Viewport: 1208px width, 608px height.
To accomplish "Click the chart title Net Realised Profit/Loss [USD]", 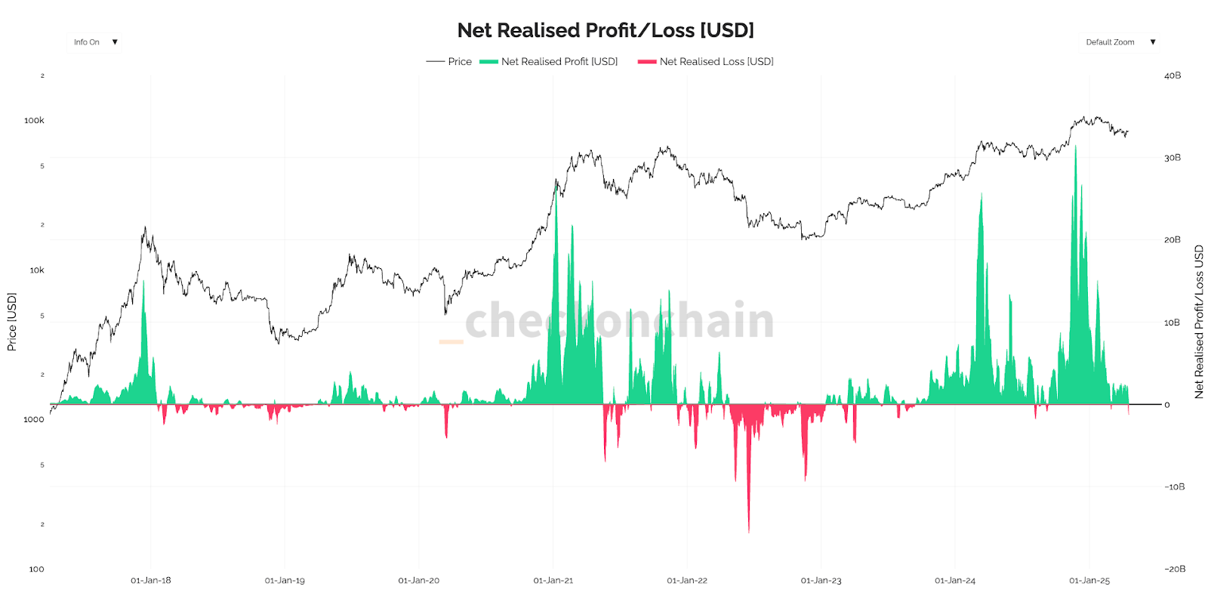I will point(606,30).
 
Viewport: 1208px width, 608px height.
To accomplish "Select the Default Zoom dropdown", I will point(1120,42).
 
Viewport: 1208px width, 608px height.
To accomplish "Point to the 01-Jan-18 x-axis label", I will point(151,581).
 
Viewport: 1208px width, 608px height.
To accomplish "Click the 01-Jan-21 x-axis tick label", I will point(553,581).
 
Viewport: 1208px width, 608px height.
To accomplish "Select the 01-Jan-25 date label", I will point(1089,581).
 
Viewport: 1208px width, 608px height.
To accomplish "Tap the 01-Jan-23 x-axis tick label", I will point(821,581).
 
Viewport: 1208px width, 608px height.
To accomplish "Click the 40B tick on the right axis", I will point(1173,76).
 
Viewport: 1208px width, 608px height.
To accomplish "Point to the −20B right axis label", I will point(1174,569).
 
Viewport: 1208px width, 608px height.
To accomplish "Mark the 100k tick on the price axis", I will point(34,121).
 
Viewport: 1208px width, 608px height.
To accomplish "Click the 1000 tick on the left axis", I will point(34,420).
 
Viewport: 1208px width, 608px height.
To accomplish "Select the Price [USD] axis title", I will point(12,323).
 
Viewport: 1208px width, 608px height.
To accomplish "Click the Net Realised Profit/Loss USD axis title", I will point(1199,323).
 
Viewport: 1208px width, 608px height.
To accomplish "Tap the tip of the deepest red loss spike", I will point(749,532).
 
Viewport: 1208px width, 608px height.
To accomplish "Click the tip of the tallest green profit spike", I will point(1076,147).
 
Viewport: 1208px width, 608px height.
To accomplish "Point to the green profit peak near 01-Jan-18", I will point(143,281).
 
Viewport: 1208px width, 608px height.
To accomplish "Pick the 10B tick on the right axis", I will point(1172,323).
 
